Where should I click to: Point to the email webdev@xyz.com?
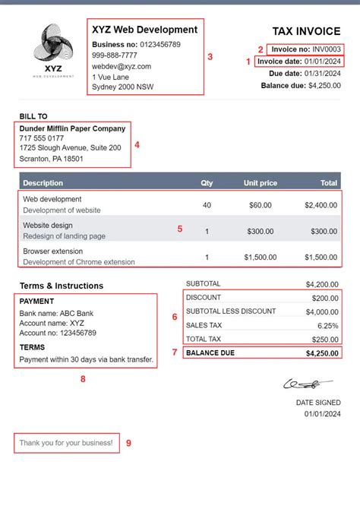point(122,66)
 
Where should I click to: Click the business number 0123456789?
point(160,44)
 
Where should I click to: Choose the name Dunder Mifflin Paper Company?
point(72,128)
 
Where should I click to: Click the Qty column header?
point(207,183)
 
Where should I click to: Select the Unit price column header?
point(261,183)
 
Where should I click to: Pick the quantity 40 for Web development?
point(207,205)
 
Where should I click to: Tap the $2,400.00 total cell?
point(321,205)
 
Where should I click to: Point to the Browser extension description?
point(52,251)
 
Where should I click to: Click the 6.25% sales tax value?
point(327,325)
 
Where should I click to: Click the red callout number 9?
point(128,443)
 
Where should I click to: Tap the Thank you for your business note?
point(66,442)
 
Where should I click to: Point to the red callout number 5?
point(180,229)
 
